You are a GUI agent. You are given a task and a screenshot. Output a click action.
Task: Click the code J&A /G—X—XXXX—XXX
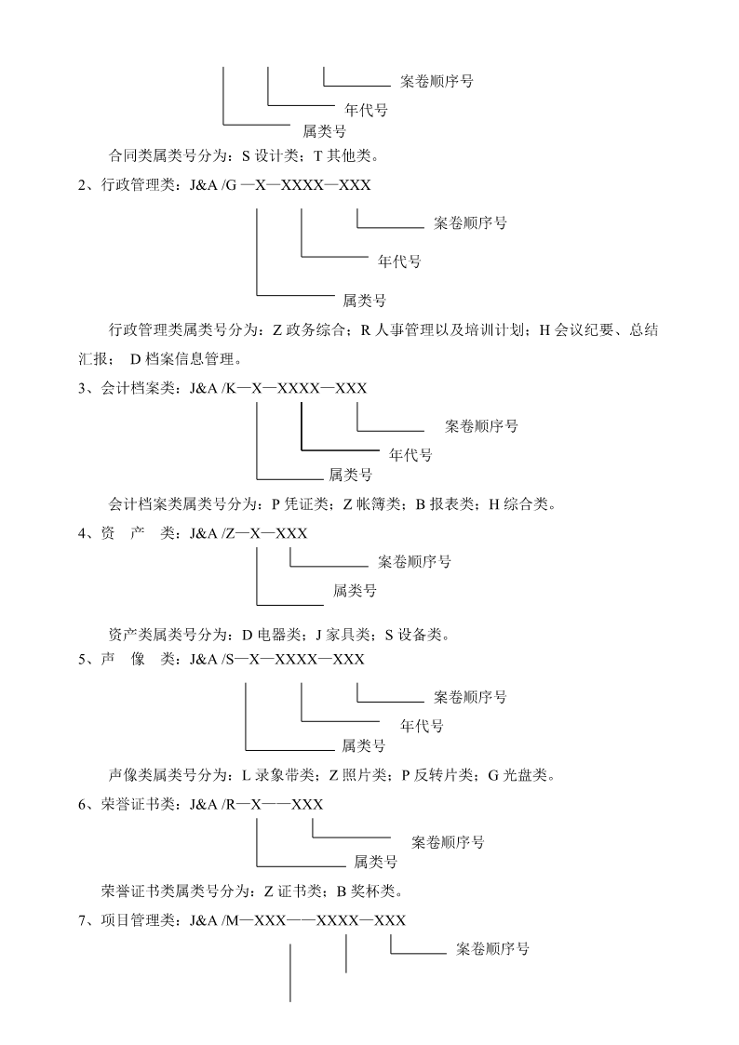(x=279, y=185)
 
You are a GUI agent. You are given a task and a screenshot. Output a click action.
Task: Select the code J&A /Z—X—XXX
(x=248, y=533)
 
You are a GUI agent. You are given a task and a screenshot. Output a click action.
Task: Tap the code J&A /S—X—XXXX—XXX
(x=276, y=659)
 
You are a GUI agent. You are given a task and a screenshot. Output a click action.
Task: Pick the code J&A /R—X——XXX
(x=256, y=804)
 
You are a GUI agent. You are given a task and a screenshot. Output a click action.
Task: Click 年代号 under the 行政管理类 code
(x=399, y=261)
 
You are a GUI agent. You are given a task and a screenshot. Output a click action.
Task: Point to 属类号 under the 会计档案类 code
(x=350, y=475)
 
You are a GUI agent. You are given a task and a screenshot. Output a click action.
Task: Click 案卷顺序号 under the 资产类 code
(x=415, y=562)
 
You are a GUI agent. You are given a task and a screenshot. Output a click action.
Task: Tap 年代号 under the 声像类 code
(x=422, y=726)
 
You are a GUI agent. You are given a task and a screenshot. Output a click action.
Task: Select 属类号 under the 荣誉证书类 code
(x=376, y=863)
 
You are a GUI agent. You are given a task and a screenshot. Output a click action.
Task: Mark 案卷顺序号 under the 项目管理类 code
(x=493, y=950)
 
